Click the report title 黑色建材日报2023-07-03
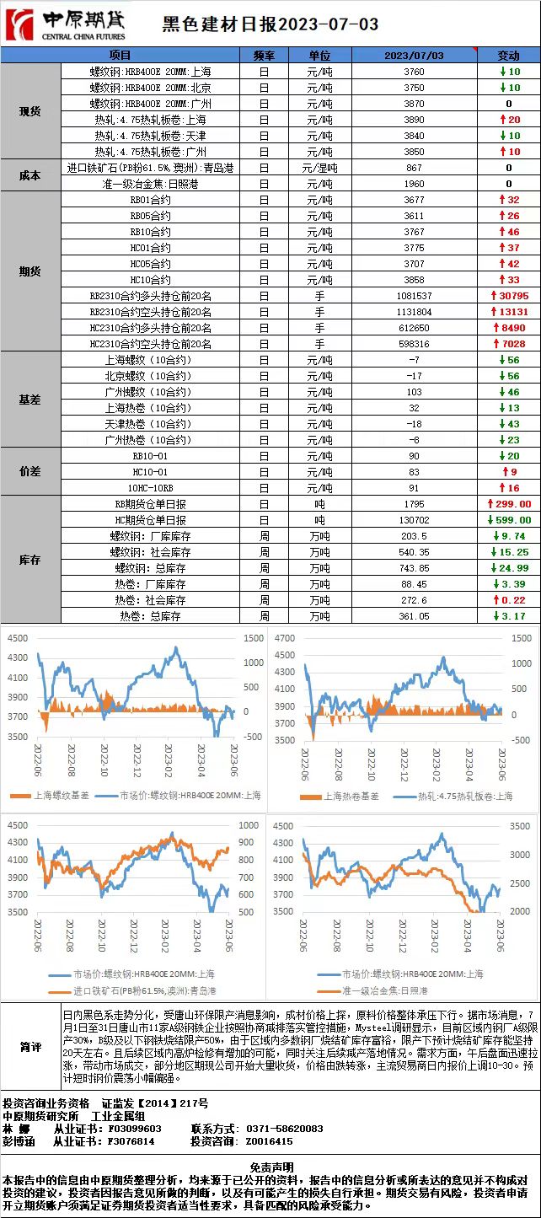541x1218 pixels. tap(270, 25)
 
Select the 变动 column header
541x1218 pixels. tap(508, 56)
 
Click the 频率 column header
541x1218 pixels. tap(264, 56)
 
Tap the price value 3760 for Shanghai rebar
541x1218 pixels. tap(414, 72)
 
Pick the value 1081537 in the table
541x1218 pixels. tap(414, 296)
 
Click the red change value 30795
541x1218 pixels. tap(513, 296)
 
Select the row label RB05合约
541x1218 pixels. tap(150, 216)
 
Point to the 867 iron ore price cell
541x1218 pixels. tap(414, 168)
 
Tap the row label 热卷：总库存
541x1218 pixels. tap(150, 616)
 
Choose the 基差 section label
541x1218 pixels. tap(30, 400)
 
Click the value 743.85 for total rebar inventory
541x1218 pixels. tap(414, 568)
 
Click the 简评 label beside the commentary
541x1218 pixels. tap(30, 1046)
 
